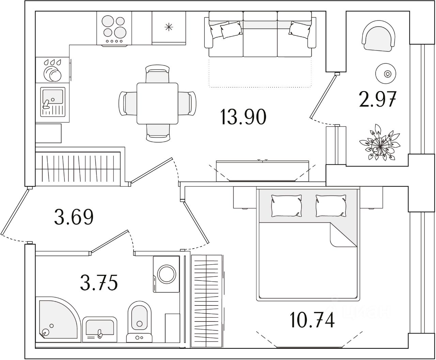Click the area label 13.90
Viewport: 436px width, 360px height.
(x=243, y=117)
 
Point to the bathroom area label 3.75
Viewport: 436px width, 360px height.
(x=99, y=283)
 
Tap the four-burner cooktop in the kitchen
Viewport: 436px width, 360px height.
(x=114, y=28)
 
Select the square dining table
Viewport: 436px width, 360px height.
(x=157, y=103)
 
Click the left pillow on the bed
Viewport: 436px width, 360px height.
(x=286, y=206)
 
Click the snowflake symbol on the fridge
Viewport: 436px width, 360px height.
(x=169, y=27)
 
